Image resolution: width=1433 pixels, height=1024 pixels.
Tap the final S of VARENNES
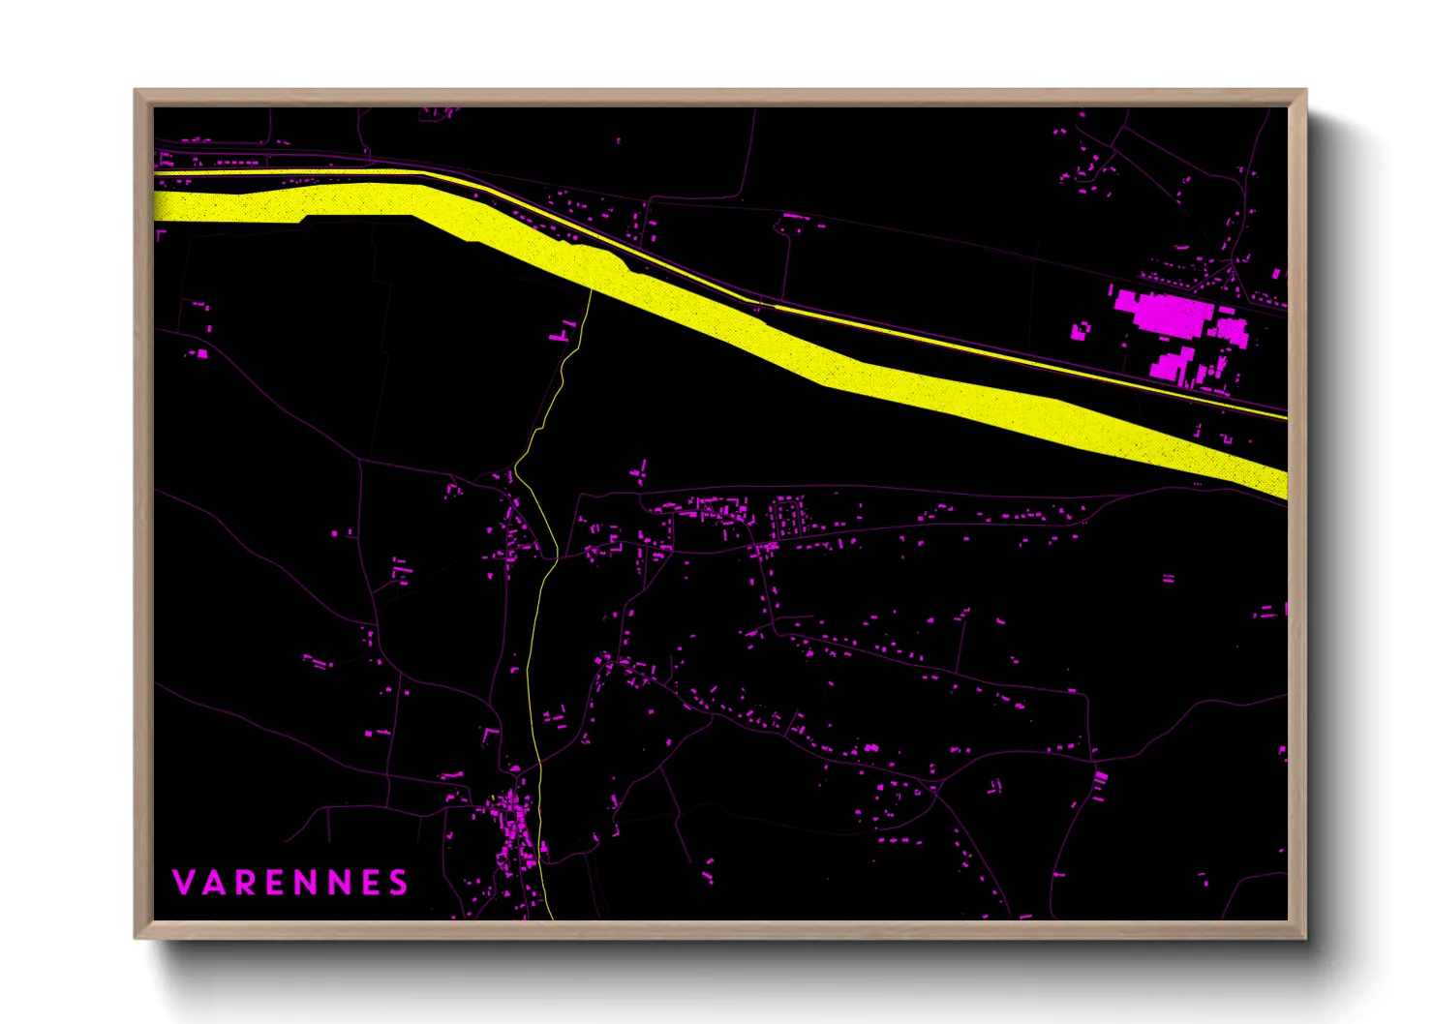pyautogui.click(x=397, y=883)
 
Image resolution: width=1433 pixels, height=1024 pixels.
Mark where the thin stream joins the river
pyautogui.click(x=591, y=286)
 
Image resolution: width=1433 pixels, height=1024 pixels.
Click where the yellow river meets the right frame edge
pyautogui.click(x=1286, y=484)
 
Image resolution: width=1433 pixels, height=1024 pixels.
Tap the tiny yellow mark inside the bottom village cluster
pyautogui.click(x=493, y=798)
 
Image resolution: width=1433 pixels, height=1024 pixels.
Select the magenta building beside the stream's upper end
pyautogui.click(x=562, y=336)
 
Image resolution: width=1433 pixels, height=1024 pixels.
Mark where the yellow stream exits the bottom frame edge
pyautogui.click(x=551, y=918)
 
